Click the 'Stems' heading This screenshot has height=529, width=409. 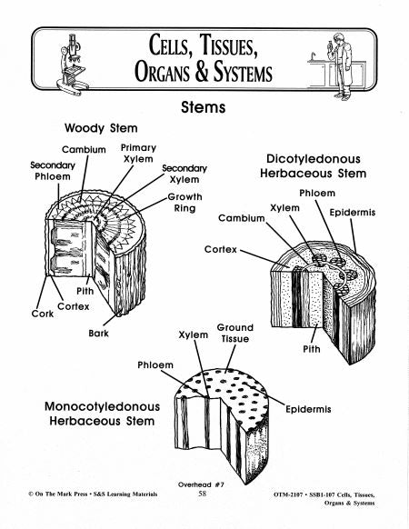click(x=204, y=107)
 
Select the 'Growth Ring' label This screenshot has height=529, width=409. click(x=185, y=202)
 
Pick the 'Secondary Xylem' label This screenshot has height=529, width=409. click(x=185, y=174)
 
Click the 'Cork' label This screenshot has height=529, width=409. click(x=30, y=314)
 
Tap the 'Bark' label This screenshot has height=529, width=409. click(x=99, y=334)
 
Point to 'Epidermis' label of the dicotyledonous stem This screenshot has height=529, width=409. click(x=353, y=212)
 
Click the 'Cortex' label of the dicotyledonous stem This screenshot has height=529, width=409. click(x=220, y=248)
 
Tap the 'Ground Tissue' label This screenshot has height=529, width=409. click(x=234, y=333)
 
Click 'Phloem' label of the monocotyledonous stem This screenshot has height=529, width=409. click(x=155, y=364)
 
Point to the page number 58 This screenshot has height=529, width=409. click(x=203, y=494)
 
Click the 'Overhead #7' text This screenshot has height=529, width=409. click(x=203, y=484)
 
